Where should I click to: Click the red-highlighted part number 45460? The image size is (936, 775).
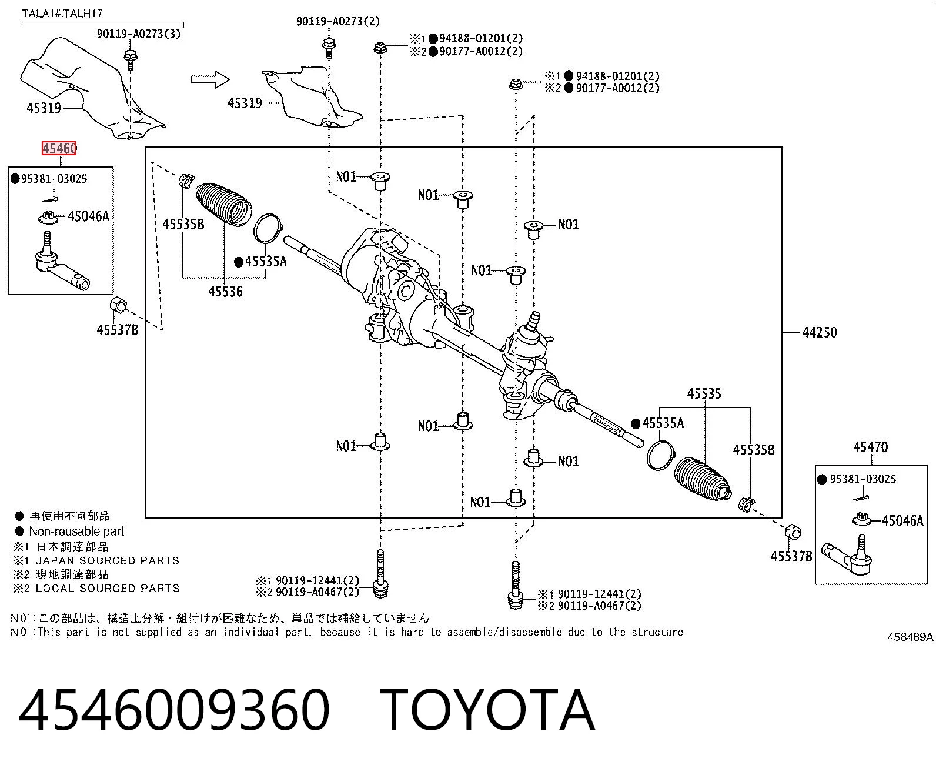pos(59,148)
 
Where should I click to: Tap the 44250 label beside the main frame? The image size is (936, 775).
pos(820,332)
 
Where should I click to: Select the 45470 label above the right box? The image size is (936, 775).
pos(871,447)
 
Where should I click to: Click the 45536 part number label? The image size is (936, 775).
pos(226,292)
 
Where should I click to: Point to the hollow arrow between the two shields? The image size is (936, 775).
pos(210,80)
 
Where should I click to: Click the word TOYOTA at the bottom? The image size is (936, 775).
pos(487,710)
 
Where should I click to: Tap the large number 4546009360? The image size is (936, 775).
pos(174,710)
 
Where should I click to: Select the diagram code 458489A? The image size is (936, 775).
pos(911,637)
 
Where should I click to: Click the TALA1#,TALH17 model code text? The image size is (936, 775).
pos(62,14)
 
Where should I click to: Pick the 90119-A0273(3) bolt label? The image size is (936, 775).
pos(139,34)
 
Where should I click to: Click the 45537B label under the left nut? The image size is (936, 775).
pos(118,330)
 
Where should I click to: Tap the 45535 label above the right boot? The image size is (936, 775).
pos(704,394)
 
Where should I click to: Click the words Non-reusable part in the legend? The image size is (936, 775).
pos(76,531)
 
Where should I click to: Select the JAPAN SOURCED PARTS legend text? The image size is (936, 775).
pos(108,560)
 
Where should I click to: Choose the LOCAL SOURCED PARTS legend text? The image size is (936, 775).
pos(108,588)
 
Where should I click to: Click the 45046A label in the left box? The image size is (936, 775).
pos(88,216)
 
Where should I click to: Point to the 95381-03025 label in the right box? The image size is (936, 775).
pos(863,479)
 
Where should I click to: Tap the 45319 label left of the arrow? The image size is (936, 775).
pos(44,108)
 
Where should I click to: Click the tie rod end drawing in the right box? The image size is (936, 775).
pos(847,556)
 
